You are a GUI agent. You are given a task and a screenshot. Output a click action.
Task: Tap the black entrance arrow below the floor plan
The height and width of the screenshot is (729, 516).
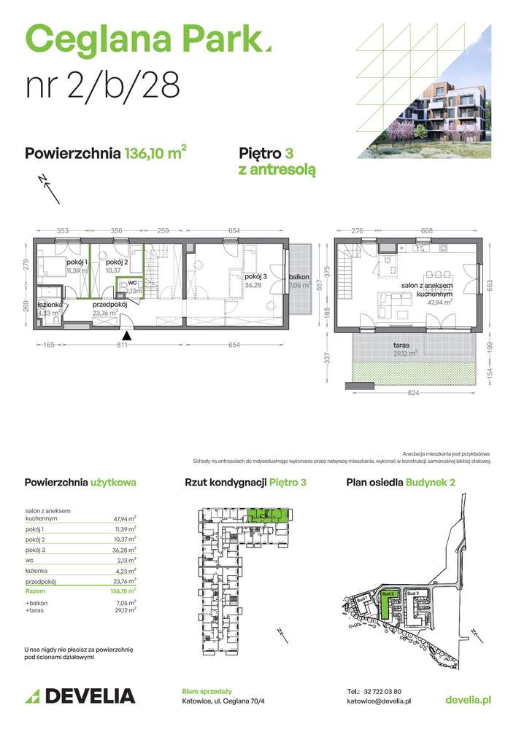point(128,336)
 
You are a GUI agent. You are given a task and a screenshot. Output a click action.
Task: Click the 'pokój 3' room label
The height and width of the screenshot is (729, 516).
point(255,277)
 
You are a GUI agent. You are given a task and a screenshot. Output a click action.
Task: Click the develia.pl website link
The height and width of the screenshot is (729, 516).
point(468,699)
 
